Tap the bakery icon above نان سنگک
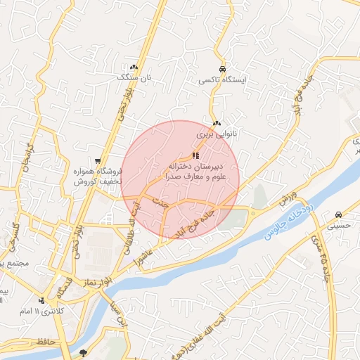(134, 67)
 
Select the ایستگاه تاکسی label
(222, 81)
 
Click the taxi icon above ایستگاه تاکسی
(222, 70)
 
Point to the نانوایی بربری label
(217, 133)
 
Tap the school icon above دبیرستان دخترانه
(196, 155)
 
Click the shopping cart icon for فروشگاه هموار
(98, 161)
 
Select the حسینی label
(339, 226)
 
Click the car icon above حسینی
(339, 214)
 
